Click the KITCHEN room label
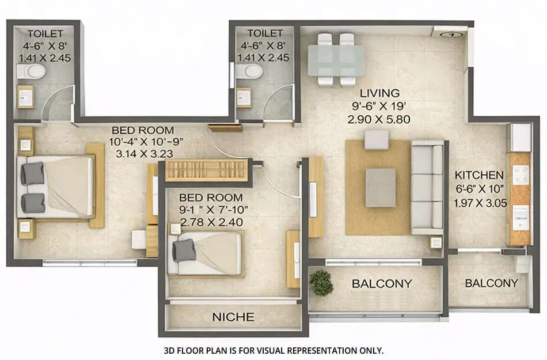(x=480, y=175)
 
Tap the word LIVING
(x=379, y=93)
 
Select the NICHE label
(x=233, y=317)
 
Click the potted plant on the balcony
(x=321, y=282)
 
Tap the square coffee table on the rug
(x=381, y=187)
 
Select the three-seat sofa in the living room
(x=427, y=186)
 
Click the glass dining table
(x=336, y=60)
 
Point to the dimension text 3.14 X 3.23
(x=143, y=154)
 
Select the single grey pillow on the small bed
(x=185, y=249)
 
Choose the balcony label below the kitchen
(x=491, y=283)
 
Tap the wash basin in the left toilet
(x=26, y=97)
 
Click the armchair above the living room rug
(x=377, y=140)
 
